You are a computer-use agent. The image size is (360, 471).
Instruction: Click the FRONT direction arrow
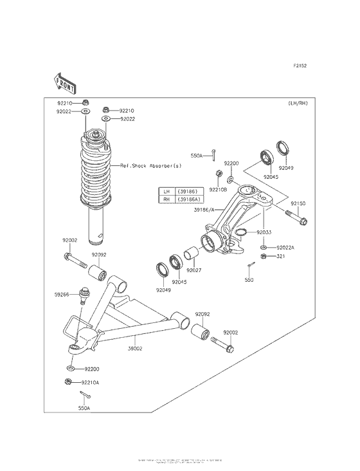point(64,82)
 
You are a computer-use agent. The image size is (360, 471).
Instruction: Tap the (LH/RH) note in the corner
point(298,104)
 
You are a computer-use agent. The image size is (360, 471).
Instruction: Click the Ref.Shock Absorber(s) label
point(151,166)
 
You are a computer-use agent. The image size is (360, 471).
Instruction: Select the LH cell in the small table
point(166,192)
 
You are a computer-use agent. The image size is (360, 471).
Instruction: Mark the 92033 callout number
point(264,232)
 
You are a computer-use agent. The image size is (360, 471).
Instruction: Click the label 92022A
point(285,247)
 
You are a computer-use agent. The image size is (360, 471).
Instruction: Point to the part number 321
point(280,257)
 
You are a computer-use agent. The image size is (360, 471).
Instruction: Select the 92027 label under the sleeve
point(195,270)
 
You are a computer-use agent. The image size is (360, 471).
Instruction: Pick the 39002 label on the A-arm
point(135,347)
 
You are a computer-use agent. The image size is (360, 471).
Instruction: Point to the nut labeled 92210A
point(68,382)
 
